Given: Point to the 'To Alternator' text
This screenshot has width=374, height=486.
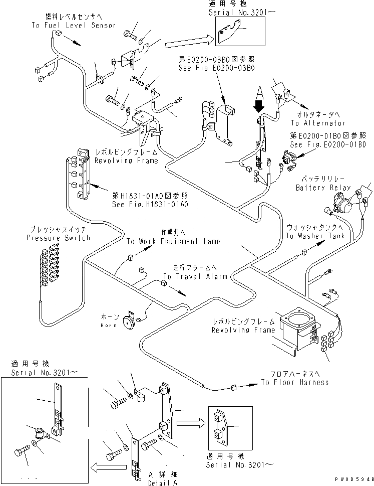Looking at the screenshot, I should tap(318, 123).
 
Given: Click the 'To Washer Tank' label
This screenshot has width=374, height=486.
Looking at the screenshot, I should tap(315, 236).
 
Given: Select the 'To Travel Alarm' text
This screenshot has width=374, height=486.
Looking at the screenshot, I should tap(195, 276).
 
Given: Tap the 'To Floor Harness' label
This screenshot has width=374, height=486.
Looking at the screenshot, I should tap(294, 382).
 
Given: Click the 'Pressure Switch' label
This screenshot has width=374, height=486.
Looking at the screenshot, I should tap(58, 238).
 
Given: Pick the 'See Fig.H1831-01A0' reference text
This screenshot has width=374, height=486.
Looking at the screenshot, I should tap(150, 205).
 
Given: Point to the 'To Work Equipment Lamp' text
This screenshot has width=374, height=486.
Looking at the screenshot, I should tap(173, 241).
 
